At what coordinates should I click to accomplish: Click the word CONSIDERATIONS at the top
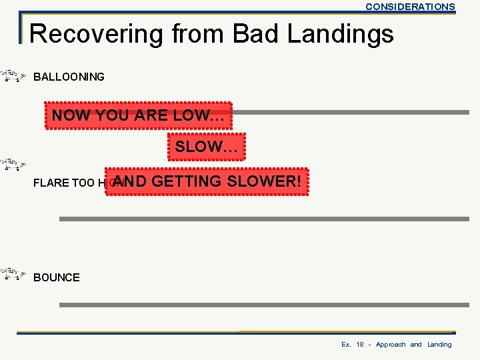tap(410, 7)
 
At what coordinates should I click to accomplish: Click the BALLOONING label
tap(69, 77)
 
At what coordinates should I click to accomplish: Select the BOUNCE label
tap(57, 277)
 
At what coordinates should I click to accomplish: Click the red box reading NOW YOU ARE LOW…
tap(138, 115)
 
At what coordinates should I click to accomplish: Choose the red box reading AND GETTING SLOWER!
tap(207, 181)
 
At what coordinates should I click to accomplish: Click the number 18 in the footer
tap(360, 345)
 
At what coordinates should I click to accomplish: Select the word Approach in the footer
tap(391, 345)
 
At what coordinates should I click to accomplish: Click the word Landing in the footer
tap(439, 345)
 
